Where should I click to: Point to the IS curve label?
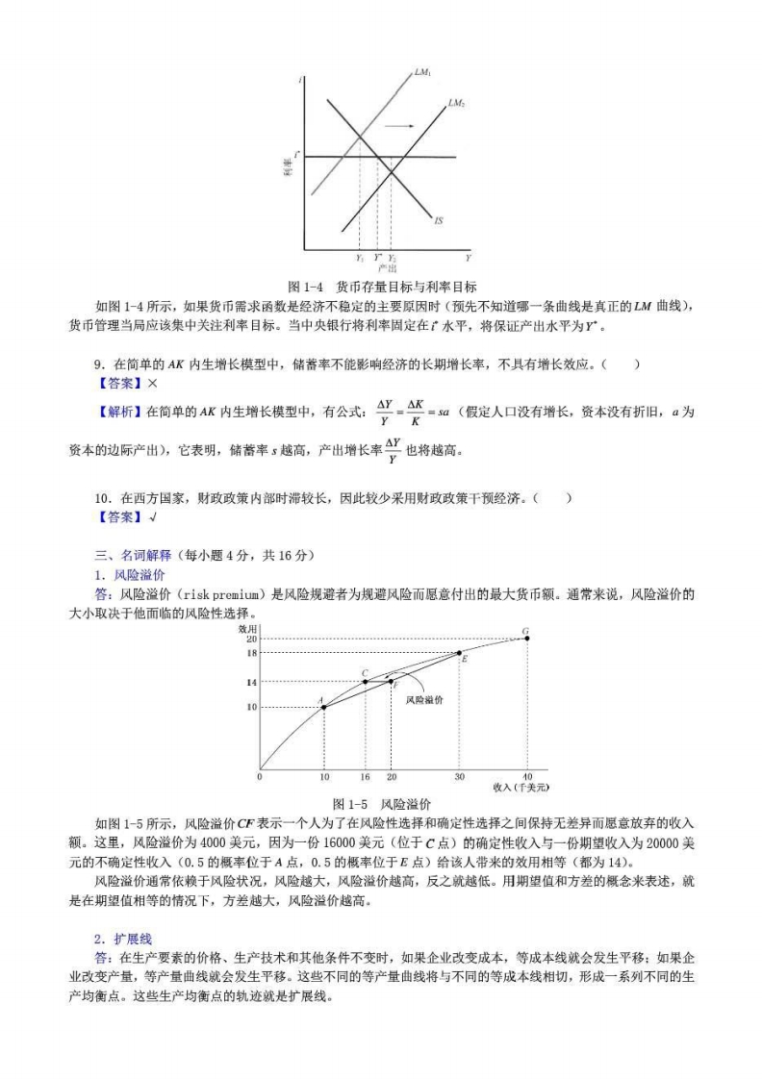439,221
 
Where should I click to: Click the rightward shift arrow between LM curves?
401,126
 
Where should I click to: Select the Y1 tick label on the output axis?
359,258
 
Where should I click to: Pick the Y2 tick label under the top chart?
392,258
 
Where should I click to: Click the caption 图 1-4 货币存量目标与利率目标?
382,286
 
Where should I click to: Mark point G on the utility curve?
526,638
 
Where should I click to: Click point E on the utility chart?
459,653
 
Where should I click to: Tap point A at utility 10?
323,707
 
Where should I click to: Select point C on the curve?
365,681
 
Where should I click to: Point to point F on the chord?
391,681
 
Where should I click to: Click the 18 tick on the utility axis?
252,653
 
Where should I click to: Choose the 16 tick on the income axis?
365,776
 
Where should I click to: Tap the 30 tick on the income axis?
459,776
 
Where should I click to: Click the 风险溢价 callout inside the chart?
424,701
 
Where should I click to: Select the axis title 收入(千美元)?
521,787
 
